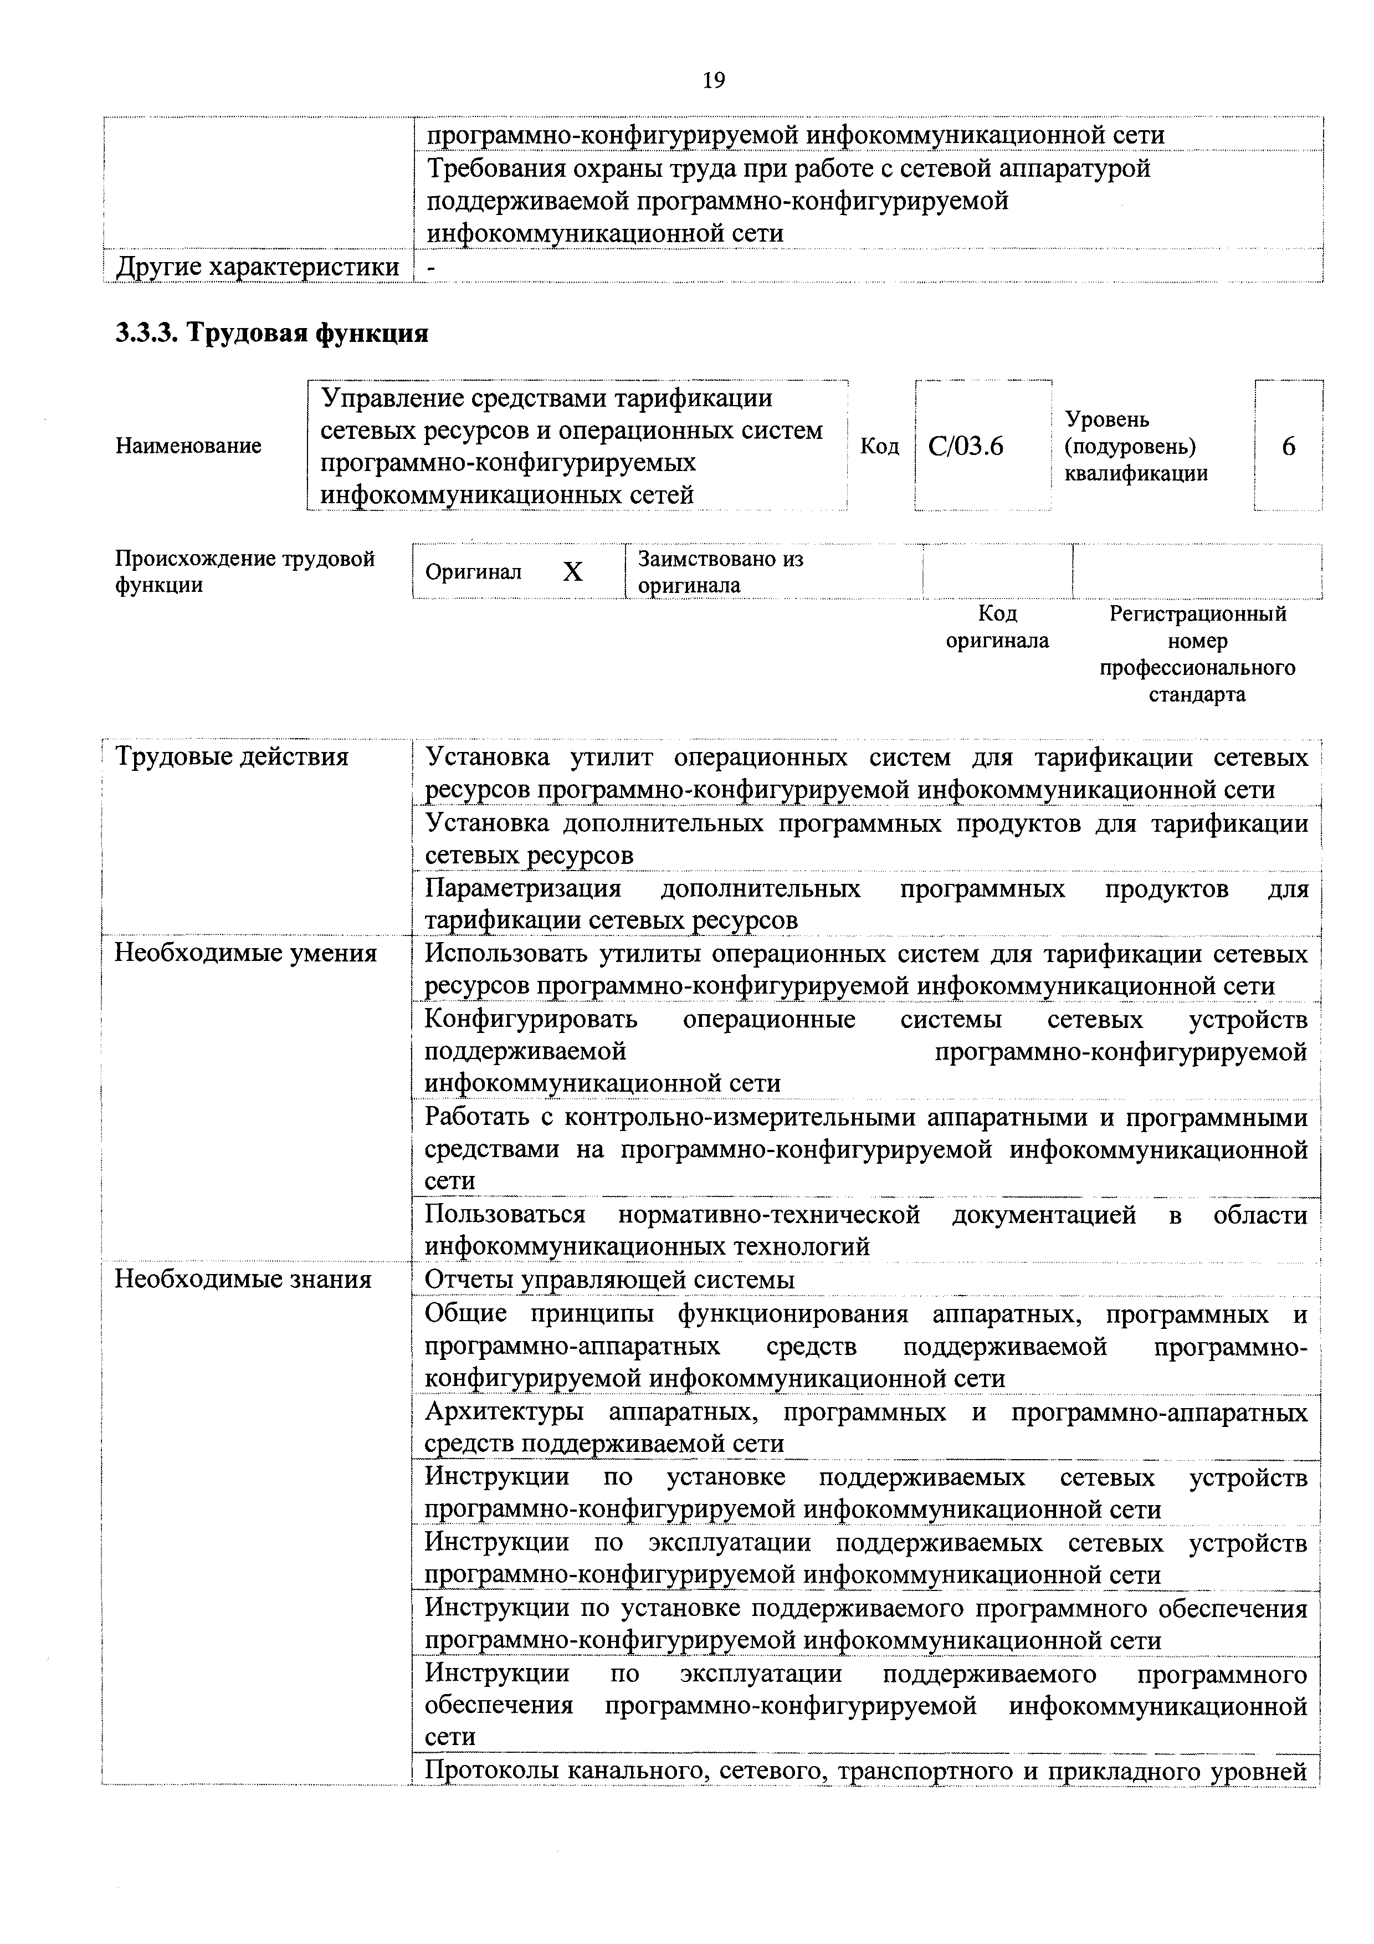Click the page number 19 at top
coord(713,80)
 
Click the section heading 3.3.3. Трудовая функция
coord(271,332)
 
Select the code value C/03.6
coord(966,446)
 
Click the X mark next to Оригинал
coord(573,572)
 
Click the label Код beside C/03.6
coord(880,446)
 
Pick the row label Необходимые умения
coord(245,953)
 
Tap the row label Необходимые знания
coord(243,1278)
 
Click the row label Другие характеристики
coord(258,267)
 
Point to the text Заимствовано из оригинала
coord(720,571)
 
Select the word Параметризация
coord(522,888)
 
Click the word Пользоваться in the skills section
coord(505,1215)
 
